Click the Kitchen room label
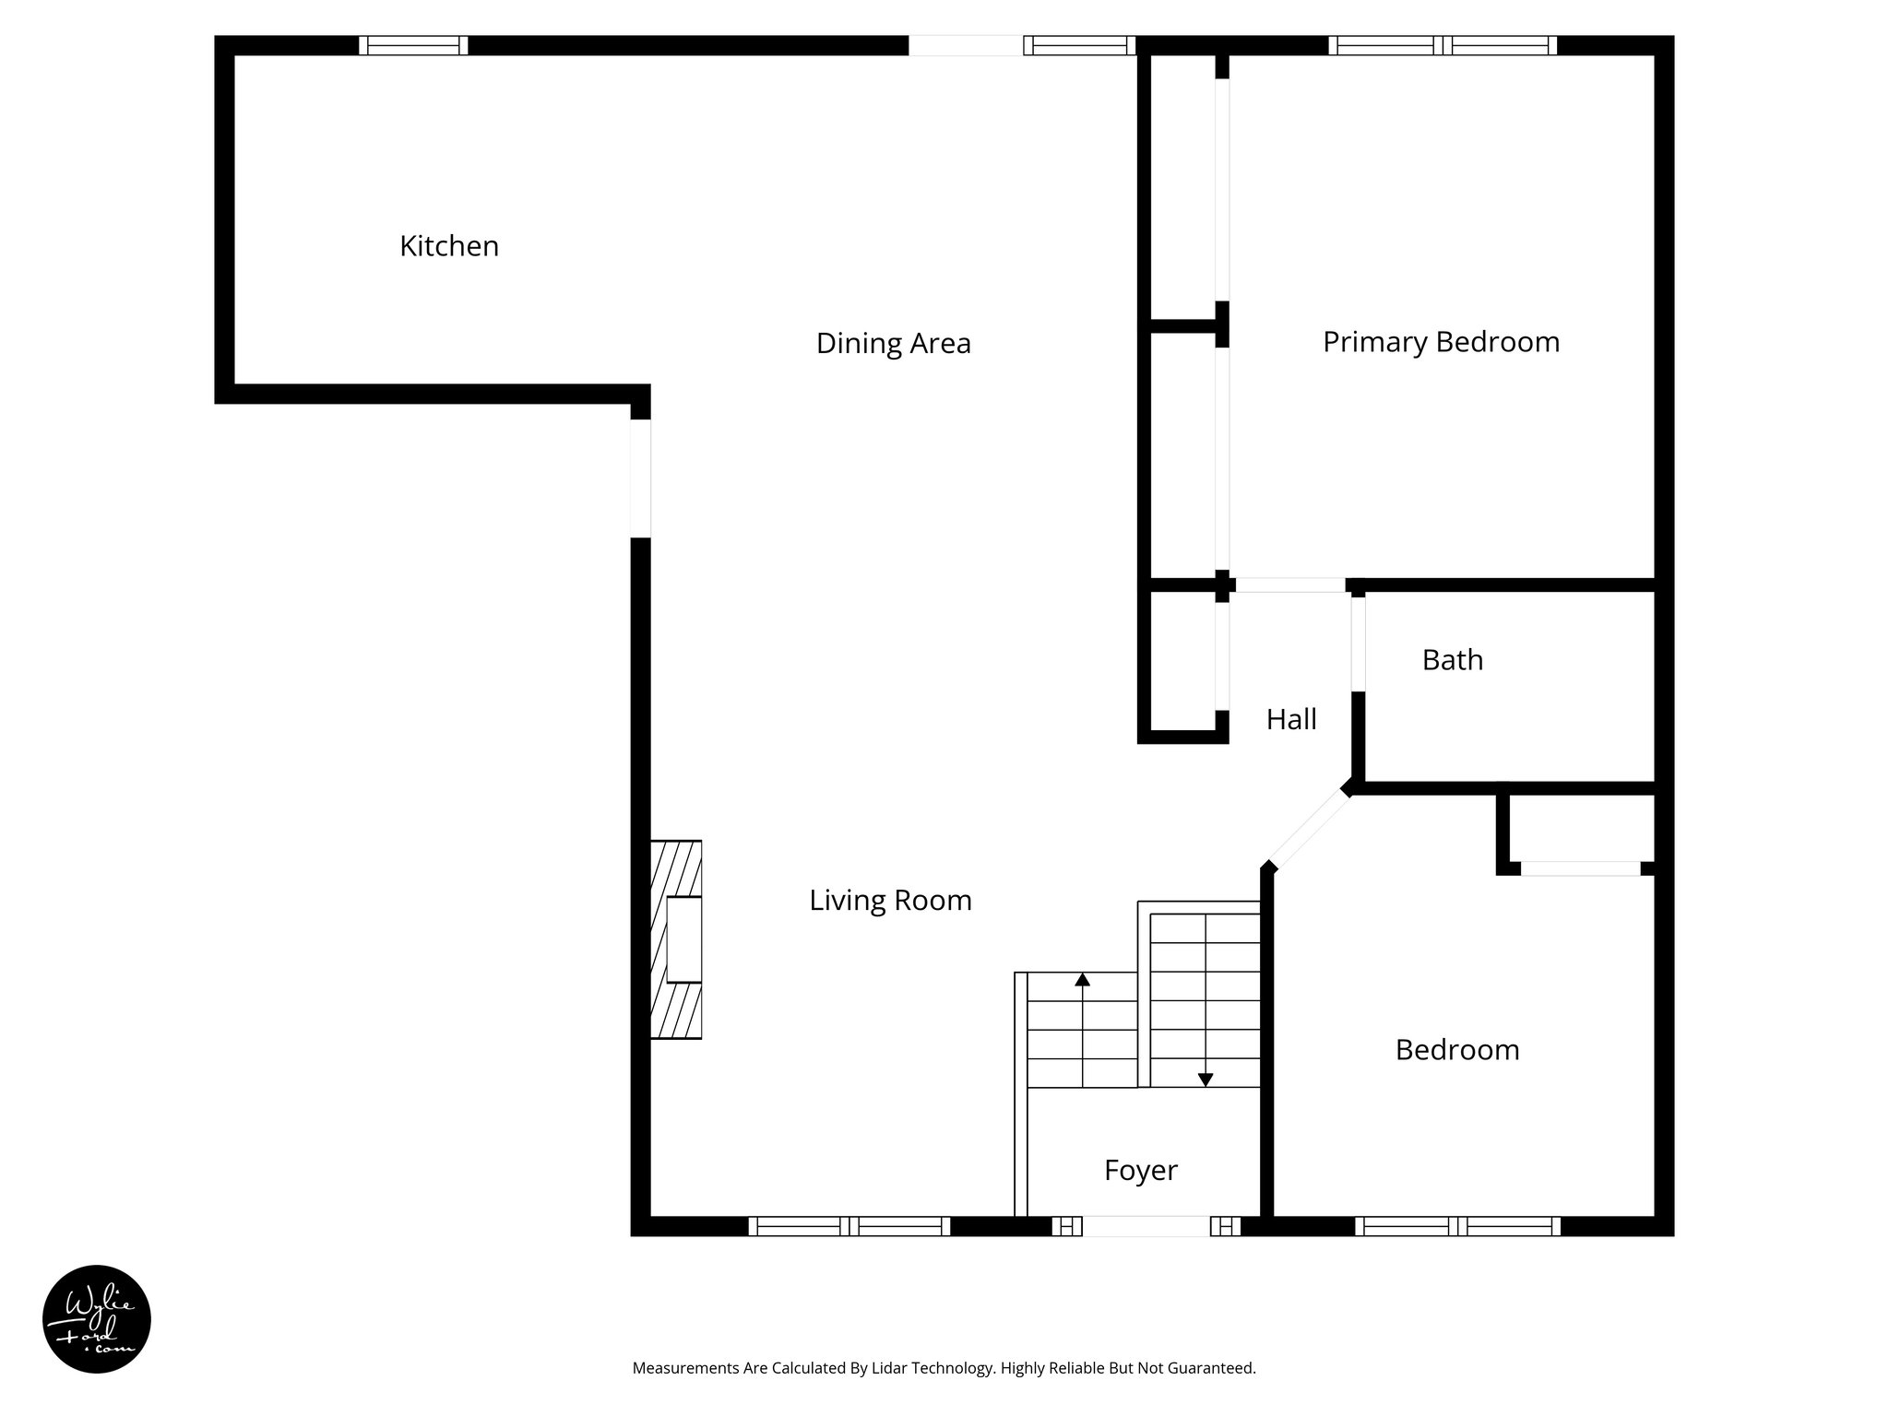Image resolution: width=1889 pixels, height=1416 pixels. (x=449, y=246)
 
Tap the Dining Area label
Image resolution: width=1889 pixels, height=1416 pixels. (x=893, y=344)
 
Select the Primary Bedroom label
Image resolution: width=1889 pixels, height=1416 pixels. (x=1441, y=342)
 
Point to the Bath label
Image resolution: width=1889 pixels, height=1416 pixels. (x=1452, y=660)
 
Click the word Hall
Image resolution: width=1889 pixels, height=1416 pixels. (x=1290, y=719)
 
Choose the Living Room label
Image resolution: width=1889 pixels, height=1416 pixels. (x=890, y=901)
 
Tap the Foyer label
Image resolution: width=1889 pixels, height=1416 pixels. (x=1140, y=1171)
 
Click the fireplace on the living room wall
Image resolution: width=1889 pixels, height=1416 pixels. (x=677, y=939)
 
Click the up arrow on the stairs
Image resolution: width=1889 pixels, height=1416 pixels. (x=1082, y=980)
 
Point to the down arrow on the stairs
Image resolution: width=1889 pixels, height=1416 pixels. (x=1205, y=1080)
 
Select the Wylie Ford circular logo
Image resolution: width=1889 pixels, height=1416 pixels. (x=97, y=1319)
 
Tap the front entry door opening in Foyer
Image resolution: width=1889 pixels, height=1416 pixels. (x=1145, y=1226)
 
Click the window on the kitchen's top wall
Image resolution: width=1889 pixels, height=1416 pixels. (x=413, y=45)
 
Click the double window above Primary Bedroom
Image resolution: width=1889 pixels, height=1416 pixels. (x=1442, y=45)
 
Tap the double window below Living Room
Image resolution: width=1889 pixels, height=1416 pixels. (x=849, y=1226)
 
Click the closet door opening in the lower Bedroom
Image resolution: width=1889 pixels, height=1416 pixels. (x=1580, y=868)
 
